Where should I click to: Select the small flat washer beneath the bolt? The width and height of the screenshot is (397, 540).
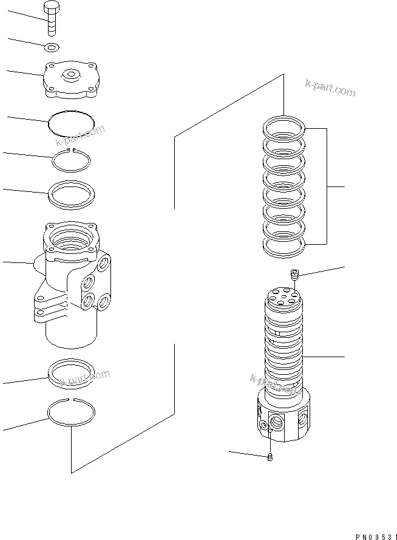click(x=52, y=47)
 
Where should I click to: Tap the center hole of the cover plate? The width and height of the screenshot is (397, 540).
click(x=72, y=75)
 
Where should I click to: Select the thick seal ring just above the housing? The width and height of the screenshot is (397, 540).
click(x=72, y=194)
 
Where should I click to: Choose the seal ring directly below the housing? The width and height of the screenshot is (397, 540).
click(x=71, y=372)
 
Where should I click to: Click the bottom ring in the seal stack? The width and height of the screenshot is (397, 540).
click(x=283, y=245)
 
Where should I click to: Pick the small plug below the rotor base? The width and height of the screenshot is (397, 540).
click(x=270, y=457)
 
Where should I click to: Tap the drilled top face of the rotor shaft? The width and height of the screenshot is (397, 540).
click(x=283, y=296)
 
